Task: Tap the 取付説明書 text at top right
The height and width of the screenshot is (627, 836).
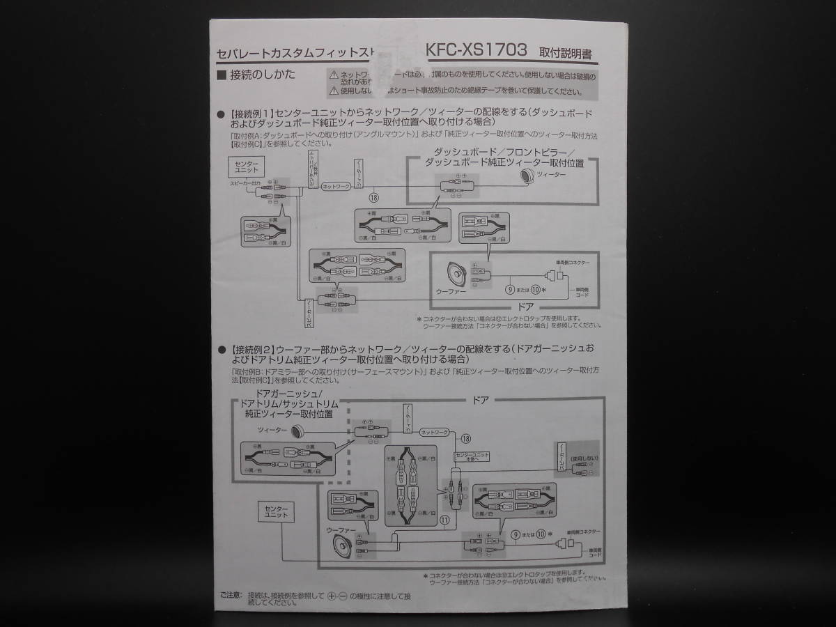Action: pos(568,53)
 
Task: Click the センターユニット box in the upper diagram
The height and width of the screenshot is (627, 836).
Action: pos(246,167)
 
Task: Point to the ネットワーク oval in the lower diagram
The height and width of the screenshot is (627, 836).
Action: pos(436,432)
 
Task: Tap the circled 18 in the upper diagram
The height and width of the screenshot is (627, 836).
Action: pos(373,197)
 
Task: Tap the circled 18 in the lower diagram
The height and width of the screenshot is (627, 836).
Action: pos(465,438)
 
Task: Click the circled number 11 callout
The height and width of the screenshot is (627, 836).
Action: pos(444,519)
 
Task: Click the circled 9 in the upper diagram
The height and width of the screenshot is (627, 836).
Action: pos(510,288)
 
